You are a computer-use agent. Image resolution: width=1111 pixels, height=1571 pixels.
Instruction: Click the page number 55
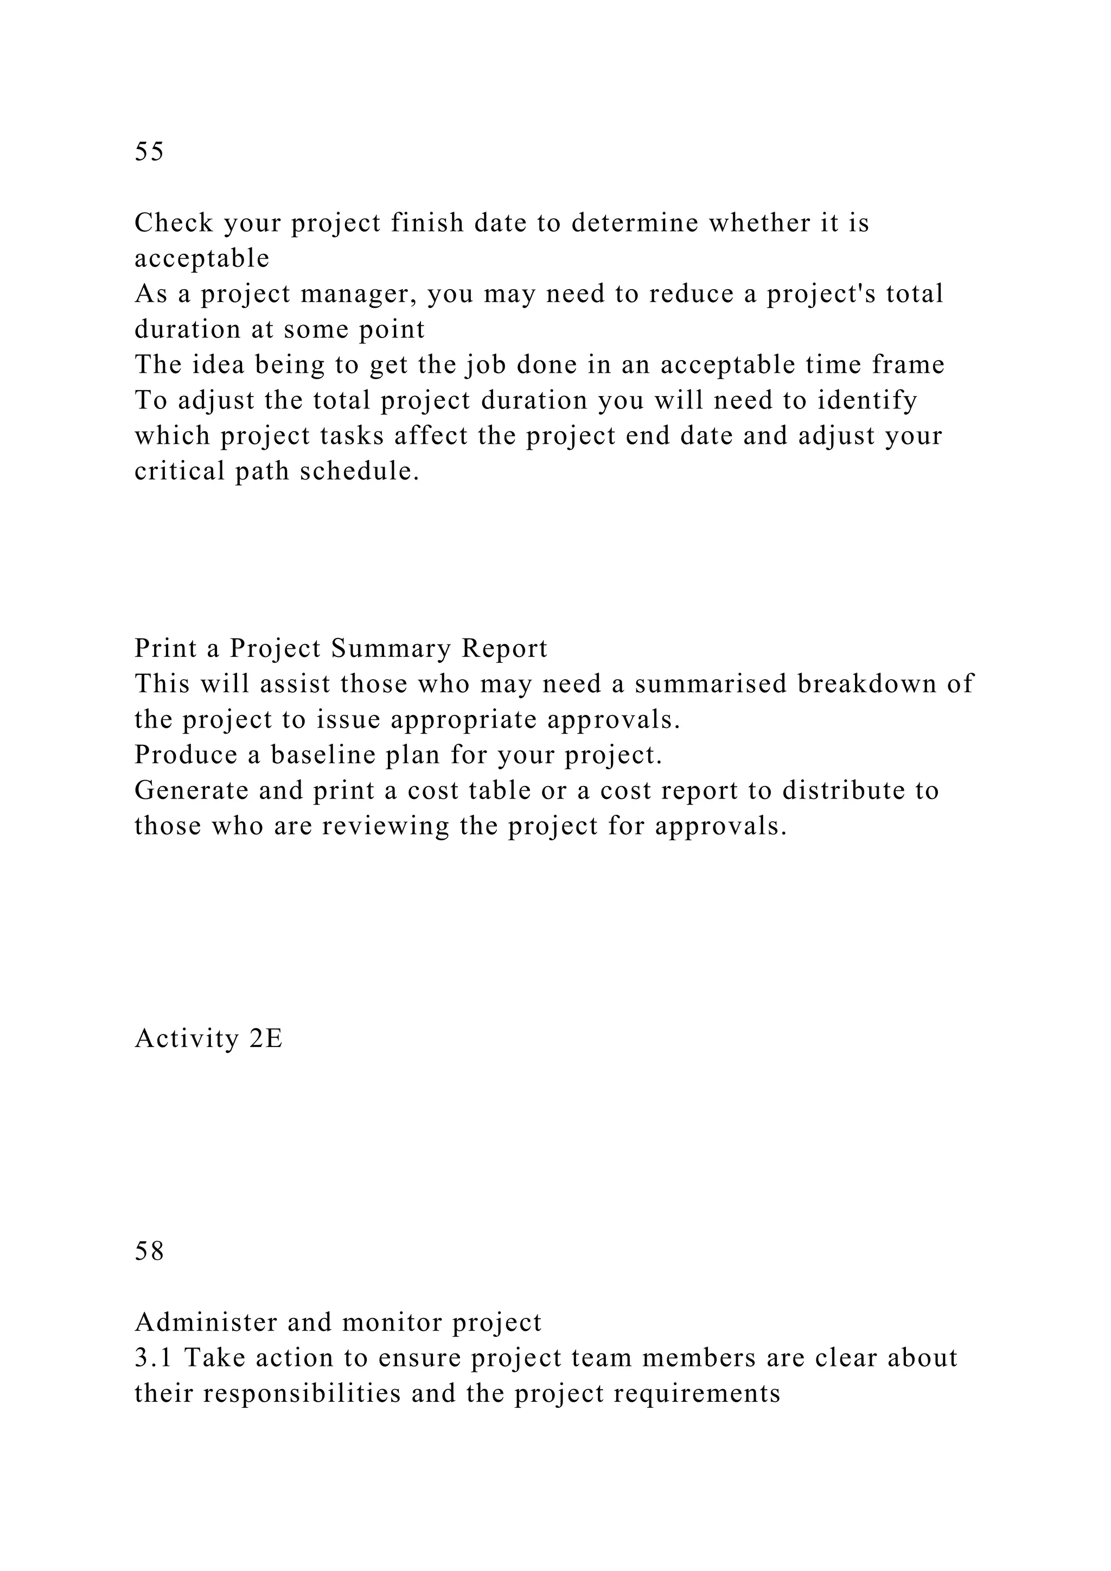pyautogui.click(x=149, y=151)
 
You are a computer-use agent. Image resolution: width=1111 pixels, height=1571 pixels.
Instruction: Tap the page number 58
pyautogui.click(x=149, y=1251)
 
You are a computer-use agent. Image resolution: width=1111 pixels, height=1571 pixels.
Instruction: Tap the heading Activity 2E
pyautogui.click(x=209, y=1039)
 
